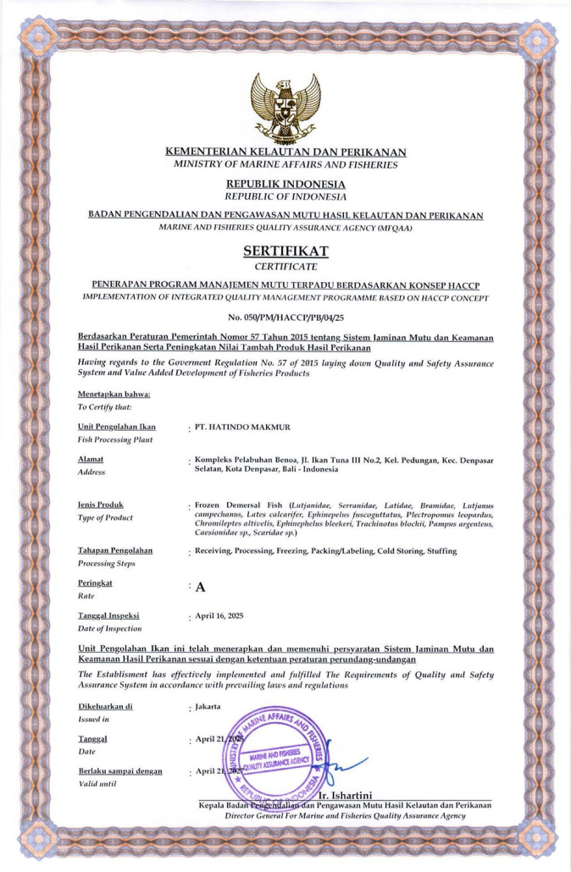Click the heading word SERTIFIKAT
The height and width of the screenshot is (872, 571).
click(285, 251)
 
